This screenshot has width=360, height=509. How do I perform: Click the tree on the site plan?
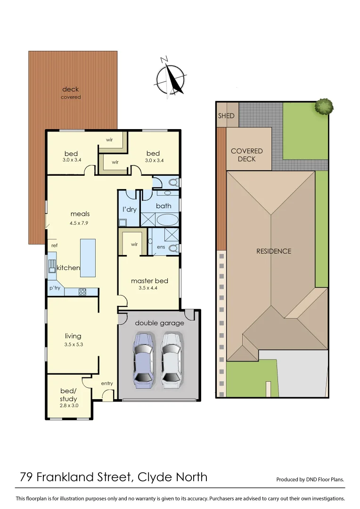(x=324, y=106)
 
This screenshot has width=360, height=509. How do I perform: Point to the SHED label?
(x=226, y=116)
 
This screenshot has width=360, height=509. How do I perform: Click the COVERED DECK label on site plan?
(x=247, y=155)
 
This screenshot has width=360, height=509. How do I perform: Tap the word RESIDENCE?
(x=274, y=251)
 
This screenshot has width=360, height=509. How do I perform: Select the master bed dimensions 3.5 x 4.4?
(x=149, y=288)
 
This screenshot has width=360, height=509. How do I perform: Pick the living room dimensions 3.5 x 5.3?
(x=73, y=344)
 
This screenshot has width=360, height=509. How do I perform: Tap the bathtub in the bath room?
(x=167, y=220)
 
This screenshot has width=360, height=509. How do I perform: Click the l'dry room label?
(x=129, y=209)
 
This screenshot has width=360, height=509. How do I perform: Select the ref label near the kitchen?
(x=54, y=246)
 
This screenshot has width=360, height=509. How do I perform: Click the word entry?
(x=107, y=383)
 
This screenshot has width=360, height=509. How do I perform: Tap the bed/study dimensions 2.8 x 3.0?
(x=69, y=405)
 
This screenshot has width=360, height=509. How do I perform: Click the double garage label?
(x=159, y=323)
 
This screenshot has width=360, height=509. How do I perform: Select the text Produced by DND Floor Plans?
(x=310, y=480)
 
